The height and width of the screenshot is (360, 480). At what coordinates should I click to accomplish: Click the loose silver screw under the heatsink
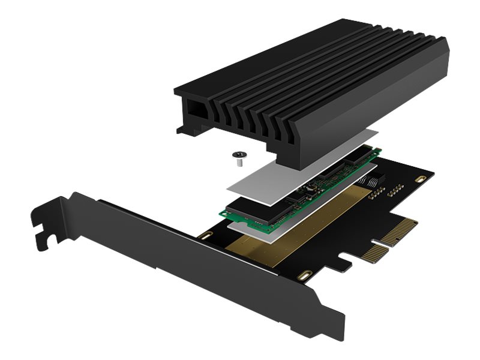[239, 157]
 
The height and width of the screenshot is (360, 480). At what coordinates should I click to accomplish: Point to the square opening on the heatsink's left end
[195, 110]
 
